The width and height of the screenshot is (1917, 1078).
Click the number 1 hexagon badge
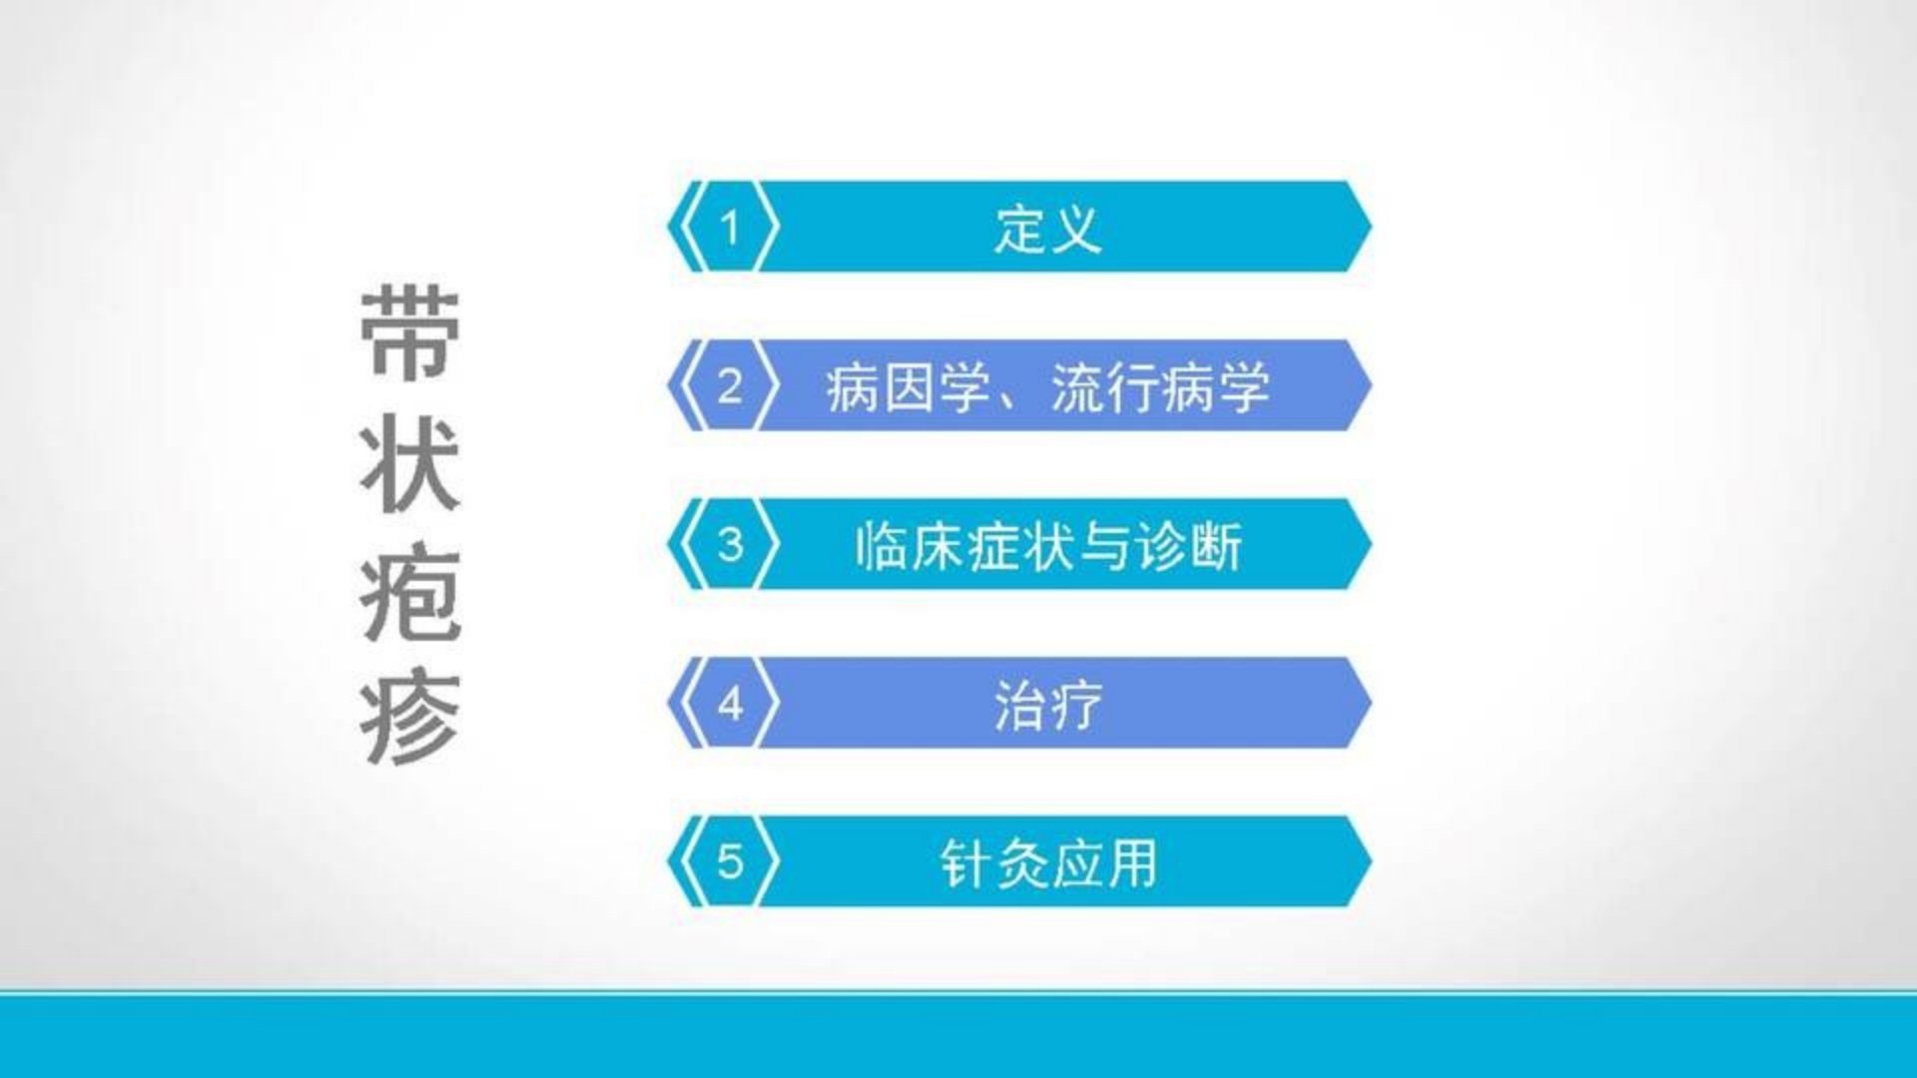tap(730, 227)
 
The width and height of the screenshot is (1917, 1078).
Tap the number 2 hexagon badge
tap(730, 385)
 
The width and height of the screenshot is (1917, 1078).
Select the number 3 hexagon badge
tap(730, 544)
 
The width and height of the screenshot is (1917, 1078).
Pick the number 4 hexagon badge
tap(730, 703)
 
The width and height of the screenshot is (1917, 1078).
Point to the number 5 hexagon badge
tap(730, 861)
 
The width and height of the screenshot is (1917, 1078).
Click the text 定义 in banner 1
tap(1047, 229)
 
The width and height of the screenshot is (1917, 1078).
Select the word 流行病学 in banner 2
tap(1160, 387)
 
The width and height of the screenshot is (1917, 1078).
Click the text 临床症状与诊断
tap(1048, 546)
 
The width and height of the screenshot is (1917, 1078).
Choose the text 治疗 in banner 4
tap(1047, 705)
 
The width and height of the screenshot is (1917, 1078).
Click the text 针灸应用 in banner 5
tap(1048, 863)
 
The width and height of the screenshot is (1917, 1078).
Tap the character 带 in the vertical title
tap(410, 334)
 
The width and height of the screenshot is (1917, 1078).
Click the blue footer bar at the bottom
tap(958, 1036)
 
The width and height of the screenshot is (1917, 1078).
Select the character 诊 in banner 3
tap(1160, 546)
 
